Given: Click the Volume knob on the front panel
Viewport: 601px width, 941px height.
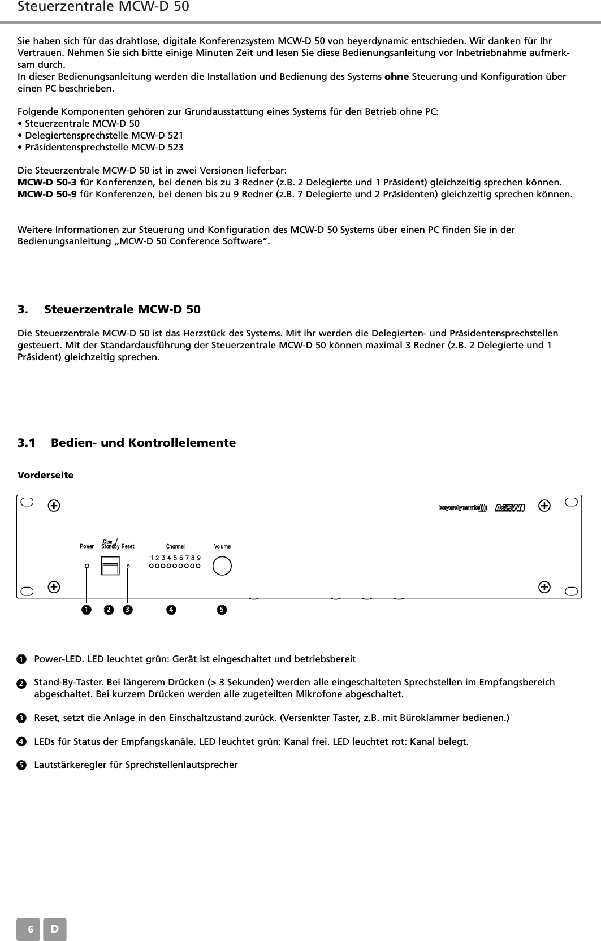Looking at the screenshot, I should coord(222,566).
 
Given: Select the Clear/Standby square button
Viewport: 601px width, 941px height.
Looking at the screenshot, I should coord(110,566).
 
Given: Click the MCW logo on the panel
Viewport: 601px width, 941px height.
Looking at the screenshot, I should coord(510,508).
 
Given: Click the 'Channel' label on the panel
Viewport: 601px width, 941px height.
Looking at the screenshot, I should coord(175,546).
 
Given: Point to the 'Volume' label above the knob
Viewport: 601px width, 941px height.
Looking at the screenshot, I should coord(222,546).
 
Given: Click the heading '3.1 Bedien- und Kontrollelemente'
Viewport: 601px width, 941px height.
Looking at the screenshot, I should coord(127,443).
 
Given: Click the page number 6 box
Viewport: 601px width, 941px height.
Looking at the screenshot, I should coord(28,929).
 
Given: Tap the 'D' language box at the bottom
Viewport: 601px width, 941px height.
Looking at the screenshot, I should coord(55,929).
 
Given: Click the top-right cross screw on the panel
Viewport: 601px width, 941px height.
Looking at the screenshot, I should coord(544,506).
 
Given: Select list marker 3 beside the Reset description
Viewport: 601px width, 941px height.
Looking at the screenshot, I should coord(21,718).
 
